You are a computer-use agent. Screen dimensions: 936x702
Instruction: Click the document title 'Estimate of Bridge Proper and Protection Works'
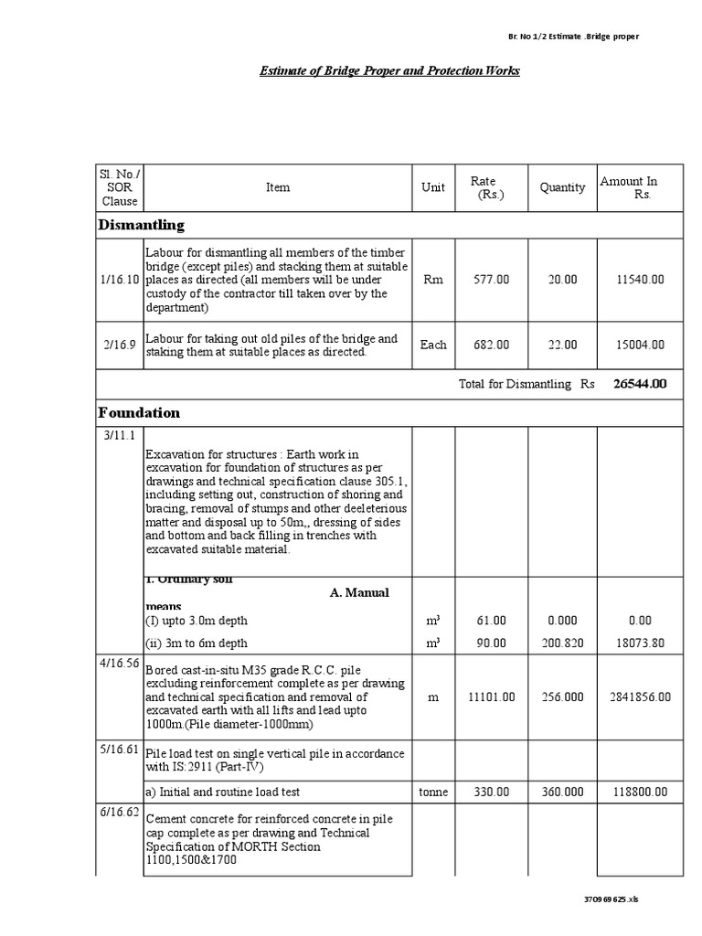[x=389, y=70]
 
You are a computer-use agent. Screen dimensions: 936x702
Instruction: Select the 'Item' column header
[x=278, y=187]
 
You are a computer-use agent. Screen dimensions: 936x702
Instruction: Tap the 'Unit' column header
[x=433, y=187]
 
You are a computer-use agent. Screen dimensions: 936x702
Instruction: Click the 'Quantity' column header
[x=562, y=187]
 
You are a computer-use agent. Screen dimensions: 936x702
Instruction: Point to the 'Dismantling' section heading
[x=141, y=225]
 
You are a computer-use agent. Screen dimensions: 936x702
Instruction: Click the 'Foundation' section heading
[x=139, y=413]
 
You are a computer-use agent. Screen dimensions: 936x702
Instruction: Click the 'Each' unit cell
[x=433, y=345]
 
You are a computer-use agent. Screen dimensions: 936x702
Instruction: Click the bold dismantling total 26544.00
[x=640, y=384]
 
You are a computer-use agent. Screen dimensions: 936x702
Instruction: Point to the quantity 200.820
[x=562, y=643]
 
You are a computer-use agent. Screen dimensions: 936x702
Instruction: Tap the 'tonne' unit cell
[x=433, y=792]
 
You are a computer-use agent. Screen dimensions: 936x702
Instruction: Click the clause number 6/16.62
[x=120, y=812]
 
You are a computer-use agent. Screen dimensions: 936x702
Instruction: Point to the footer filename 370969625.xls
[x=612, y=899]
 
